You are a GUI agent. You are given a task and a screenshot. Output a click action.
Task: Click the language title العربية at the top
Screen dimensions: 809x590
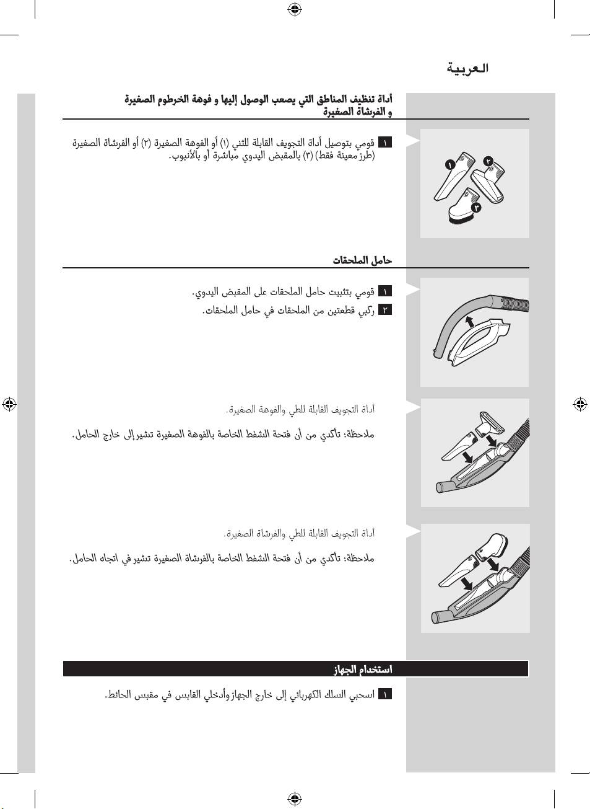point(467,68)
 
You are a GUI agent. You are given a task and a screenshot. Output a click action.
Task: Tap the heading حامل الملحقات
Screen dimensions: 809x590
point(362,260)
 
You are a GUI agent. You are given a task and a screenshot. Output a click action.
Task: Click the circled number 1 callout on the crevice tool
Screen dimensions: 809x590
point(450,165)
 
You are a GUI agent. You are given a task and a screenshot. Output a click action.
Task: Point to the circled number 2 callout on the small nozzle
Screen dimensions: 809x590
point(488,161)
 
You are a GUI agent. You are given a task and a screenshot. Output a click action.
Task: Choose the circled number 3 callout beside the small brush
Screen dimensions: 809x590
point(476,208)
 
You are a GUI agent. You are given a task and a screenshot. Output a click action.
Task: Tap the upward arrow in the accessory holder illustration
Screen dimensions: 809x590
point(470,321)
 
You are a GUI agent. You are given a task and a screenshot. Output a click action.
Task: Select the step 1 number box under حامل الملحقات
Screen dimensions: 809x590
point(385,291)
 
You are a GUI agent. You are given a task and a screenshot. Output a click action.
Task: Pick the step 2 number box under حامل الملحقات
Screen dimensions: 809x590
point(385,310)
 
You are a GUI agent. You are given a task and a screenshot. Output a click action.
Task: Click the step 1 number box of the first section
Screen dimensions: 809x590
point(385,143)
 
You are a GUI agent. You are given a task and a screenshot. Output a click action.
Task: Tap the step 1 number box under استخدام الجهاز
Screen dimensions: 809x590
point(385,694)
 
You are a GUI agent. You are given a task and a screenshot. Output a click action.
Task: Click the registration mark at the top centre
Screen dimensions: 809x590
point(295,9)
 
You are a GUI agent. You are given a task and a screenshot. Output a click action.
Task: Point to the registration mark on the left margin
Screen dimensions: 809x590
point(9,404)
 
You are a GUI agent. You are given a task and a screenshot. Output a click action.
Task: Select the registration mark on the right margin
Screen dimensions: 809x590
point(580,404)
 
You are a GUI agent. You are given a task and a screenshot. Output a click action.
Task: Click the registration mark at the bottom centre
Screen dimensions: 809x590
point(295,798)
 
